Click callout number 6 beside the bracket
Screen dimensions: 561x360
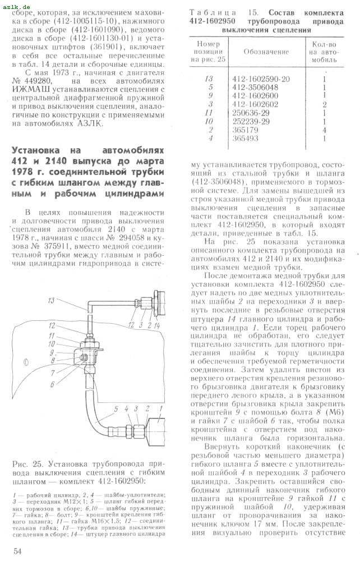click(x=51, y=385)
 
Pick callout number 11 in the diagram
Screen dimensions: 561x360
click(x=51, y=336)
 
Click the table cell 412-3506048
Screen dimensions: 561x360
click(x=255, y=87)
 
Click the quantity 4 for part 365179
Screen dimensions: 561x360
click(x=325, y=129)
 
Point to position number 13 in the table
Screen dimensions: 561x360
click(x=210, y=79)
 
